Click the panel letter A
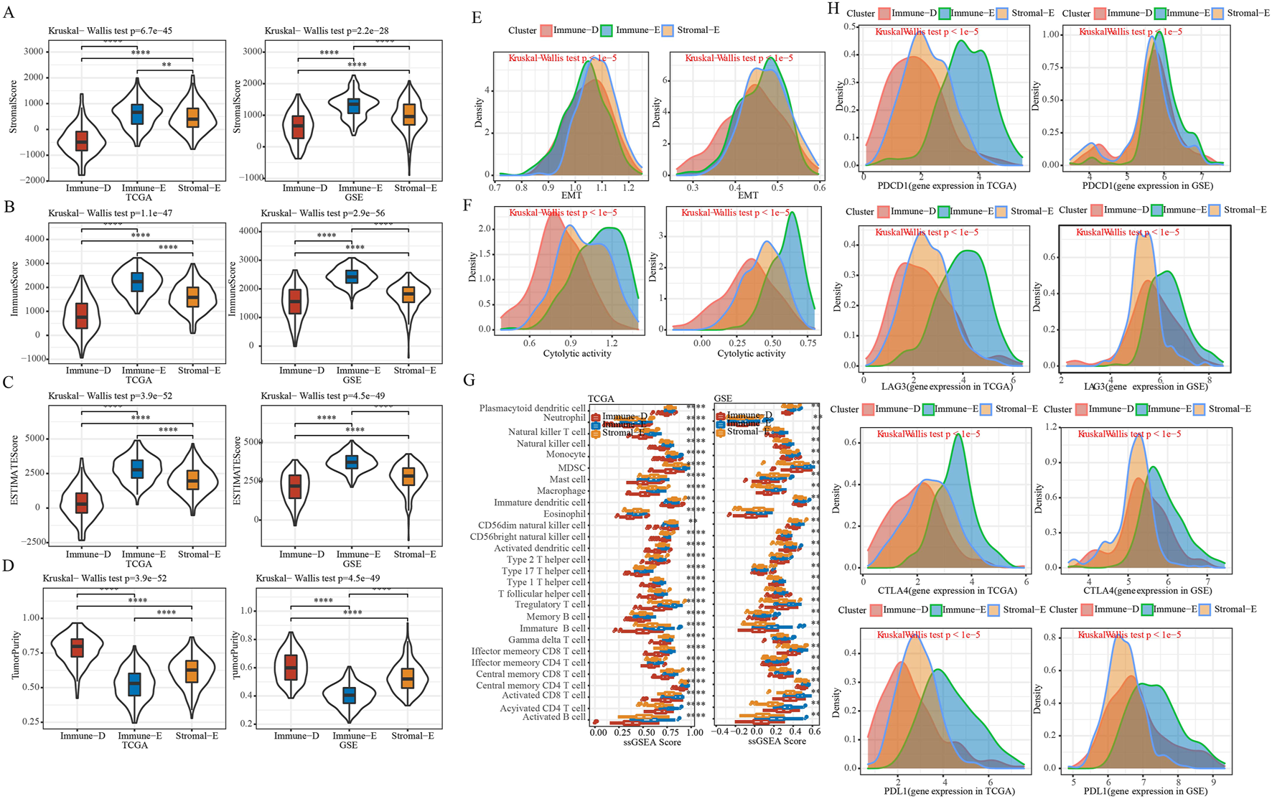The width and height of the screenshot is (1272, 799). point(9,14)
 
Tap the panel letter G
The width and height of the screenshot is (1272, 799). point(469,380)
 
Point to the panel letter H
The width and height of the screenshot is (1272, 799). point(833,9)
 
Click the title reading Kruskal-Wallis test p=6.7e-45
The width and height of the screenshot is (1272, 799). point(110,31)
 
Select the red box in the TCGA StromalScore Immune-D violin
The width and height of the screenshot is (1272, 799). point(82,140)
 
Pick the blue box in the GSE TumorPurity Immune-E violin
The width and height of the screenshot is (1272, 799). point(349,696)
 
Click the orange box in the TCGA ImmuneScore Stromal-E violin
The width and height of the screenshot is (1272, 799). point(192,296)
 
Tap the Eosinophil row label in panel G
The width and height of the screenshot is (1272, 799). point(564,514)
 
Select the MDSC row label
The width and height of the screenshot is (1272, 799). point(571,468)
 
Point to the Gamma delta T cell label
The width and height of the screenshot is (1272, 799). point(547,640)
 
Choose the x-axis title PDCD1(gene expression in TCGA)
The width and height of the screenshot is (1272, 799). point(946,186)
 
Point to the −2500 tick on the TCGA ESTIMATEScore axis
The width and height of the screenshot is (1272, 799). point(29,542)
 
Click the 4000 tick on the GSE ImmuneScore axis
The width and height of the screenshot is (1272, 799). point(248,231)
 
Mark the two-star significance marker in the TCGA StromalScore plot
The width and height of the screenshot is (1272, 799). point(167,65)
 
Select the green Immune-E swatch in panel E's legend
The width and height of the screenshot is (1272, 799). point(607,30)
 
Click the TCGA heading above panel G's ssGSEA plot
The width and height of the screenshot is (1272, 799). point(601,398)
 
